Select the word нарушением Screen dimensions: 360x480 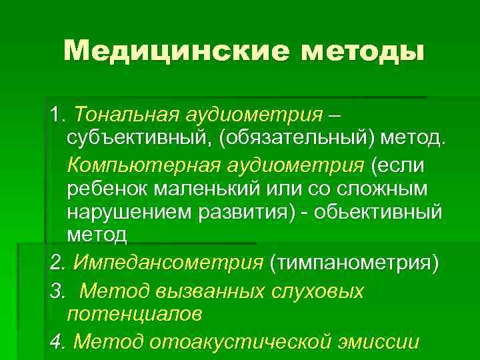tap(133, 212)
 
